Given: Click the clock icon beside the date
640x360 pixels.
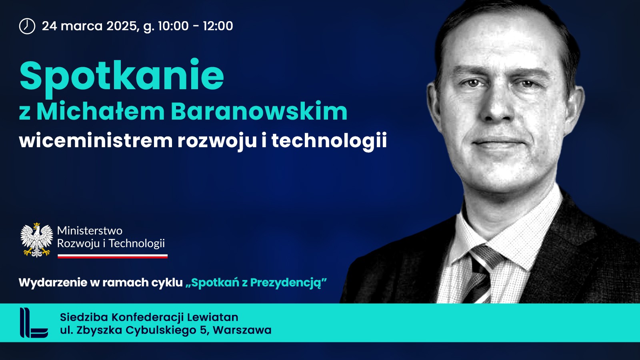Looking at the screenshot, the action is tap(27, 26).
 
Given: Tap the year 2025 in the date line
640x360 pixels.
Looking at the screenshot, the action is tap(122, 26).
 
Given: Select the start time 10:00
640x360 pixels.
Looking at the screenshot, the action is tap(173, 26).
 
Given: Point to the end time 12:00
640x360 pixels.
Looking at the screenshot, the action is tap(218, 26).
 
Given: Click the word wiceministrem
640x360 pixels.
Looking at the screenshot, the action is tap(96, 140).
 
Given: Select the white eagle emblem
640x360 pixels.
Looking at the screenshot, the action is tap(36, 240).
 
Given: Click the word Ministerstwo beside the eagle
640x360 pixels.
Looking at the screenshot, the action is tap(90, 230).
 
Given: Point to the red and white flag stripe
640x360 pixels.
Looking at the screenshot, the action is tap(112, 256).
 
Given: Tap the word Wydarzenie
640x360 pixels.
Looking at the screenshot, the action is tap(53, 283).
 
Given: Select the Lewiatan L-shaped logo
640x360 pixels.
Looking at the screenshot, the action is tap(34, 322).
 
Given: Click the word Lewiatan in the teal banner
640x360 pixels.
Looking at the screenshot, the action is tap(212, 317).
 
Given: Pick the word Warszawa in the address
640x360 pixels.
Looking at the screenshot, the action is tap(242, 330).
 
